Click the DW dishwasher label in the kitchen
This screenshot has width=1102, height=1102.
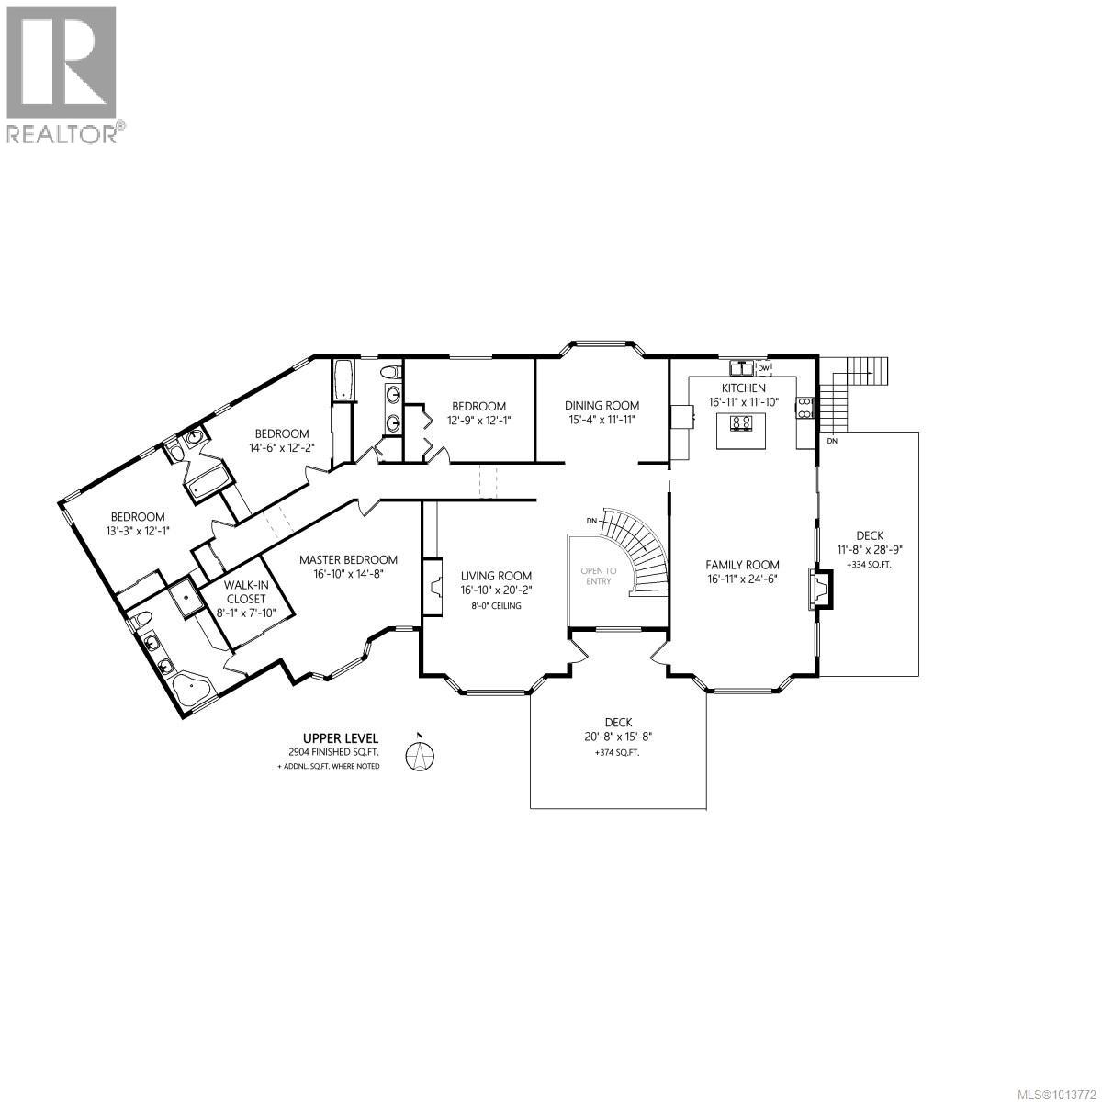(762, 368)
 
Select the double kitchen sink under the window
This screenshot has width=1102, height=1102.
(741, 368)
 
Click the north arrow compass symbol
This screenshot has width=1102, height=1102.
(421, 754)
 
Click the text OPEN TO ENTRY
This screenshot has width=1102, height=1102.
(597, 576)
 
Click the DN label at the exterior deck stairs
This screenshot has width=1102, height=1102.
(832, 442)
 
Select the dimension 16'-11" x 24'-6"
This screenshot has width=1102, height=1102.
(742, 579)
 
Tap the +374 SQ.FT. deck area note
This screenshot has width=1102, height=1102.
(617, 752)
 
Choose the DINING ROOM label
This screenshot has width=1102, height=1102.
(602, 405)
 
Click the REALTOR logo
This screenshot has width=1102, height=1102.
(62, 73)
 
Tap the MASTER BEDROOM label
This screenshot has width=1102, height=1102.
(348, 559)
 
